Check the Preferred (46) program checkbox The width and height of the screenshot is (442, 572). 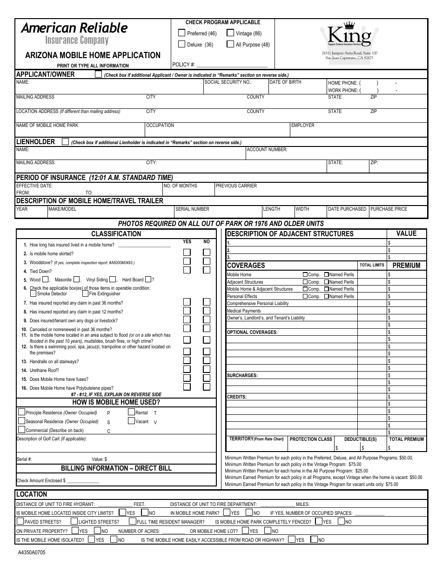pos(182,33)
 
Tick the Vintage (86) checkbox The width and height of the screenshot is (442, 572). pos(230,33)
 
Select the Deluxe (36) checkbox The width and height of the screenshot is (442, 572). pos(182,44)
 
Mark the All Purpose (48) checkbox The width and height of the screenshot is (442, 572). pos(230,44)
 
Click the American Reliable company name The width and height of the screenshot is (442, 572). pos(74,28)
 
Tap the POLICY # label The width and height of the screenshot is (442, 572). pos(183,65)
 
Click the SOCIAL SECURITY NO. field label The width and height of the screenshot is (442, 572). pos(228,82)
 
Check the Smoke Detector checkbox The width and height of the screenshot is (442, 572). pos(33,293)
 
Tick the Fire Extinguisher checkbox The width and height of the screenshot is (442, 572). pos(85,293)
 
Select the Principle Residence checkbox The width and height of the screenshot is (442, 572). pos(22,412)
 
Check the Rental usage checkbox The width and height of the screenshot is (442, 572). pos(131,412)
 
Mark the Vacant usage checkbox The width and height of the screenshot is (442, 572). pos(131,421)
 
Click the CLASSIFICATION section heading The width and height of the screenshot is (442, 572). pos(116,234)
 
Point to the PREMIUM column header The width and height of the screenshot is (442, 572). pos(406,266)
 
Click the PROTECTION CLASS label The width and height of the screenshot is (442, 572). pos(311,439)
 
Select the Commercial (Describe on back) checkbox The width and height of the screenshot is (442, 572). pos(22,430)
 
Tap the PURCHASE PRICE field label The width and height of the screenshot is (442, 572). pos(388,209)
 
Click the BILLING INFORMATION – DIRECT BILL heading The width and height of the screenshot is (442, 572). pos(116,468)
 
